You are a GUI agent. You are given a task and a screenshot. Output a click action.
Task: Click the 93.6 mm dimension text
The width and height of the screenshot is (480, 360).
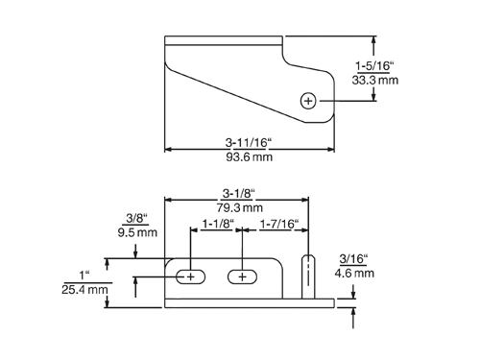click(x=250, y=157)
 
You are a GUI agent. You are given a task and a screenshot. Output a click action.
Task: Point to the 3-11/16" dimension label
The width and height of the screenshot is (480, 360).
click(x=249, y=142)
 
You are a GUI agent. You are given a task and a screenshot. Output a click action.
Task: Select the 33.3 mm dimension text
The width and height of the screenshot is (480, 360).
click(x=375, y=80)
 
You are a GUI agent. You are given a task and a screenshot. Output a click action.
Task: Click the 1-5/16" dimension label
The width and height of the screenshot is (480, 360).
click(x=374, y=66)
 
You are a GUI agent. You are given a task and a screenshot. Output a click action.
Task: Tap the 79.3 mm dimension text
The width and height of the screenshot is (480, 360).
click(x=240, y=207)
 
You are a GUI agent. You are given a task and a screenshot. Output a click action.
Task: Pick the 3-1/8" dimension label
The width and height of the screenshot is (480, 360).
click(x=238, y=193)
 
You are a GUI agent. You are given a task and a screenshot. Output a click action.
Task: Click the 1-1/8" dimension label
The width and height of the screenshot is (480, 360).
click(x=218, y=224)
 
